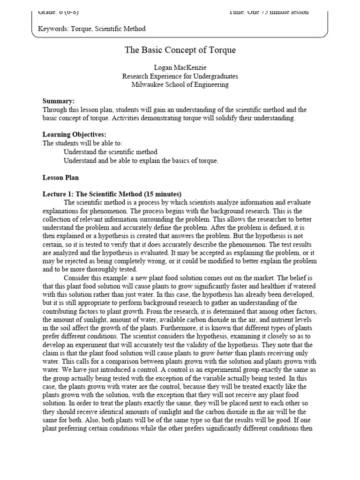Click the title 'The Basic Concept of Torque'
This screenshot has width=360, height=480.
180,50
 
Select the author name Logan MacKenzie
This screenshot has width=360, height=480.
180,67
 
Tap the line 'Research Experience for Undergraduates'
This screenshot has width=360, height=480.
180,76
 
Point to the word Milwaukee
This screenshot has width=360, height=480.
148,84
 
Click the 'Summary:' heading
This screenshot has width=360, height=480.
59,101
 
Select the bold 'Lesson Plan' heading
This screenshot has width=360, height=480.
61,178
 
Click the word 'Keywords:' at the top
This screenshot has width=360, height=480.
53,29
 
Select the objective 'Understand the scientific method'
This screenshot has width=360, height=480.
111,152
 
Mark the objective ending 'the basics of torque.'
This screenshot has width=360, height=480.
141,161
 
